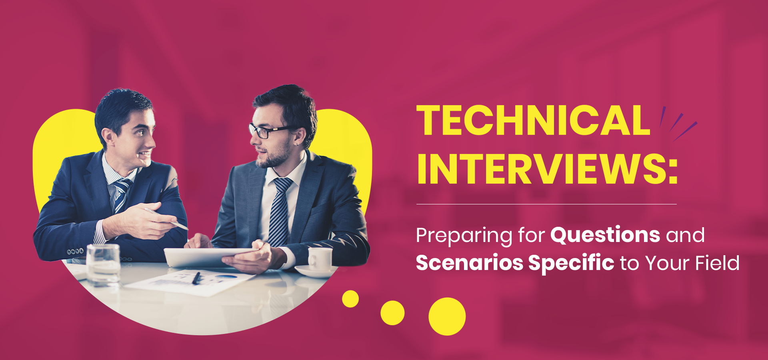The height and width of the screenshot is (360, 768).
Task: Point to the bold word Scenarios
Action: (x=470, y=263)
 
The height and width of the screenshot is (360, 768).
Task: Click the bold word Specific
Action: (x=571, y=263)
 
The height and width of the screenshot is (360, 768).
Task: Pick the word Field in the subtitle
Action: (x=718, y=263)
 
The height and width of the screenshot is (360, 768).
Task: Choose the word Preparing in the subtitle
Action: (x=464, y=236)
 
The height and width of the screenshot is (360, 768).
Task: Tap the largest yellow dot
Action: (x=447, y=316)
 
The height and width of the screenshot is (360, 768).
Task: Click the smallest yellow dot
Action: (x=350, y=299)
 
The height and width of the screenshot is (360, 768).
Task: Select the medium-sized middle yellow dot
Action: (x=392, y=313)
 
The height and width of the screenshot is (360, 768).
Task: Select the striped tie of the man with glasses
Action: (x=280, y=212)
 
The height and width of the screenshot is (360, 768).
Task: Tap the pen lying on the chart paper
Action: (x=196, y=278)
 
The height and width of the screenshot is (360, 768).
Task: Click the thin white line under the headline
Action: (x=546, y=204)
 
